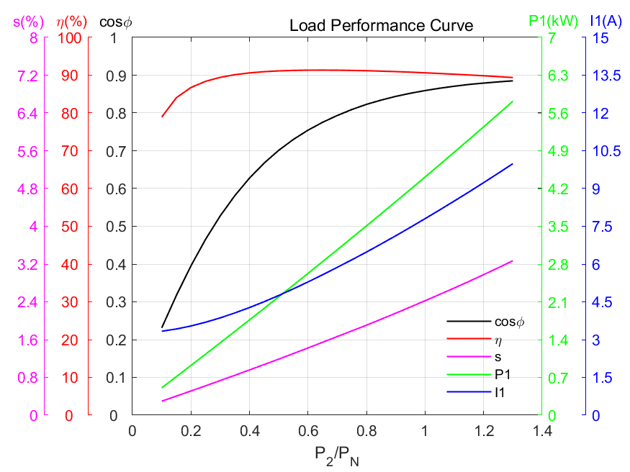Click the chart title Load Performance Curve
381,26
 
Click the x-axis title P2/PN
336,454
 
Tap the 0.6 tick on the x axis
307,430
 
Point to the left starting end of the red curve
162,117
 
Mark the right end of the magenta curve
513,260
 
